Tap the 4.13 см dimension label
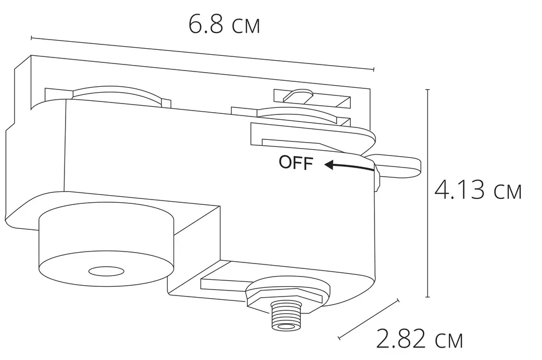(x=478, y=190)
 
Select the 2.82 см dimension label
(x=420, y=340)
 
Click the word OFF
(x=296, y=163)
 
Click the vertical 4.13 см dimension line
(x=428, y=193)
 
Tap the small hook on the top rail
(x=297, y=95)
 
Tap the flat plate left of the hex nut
(x=222, y=282)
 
